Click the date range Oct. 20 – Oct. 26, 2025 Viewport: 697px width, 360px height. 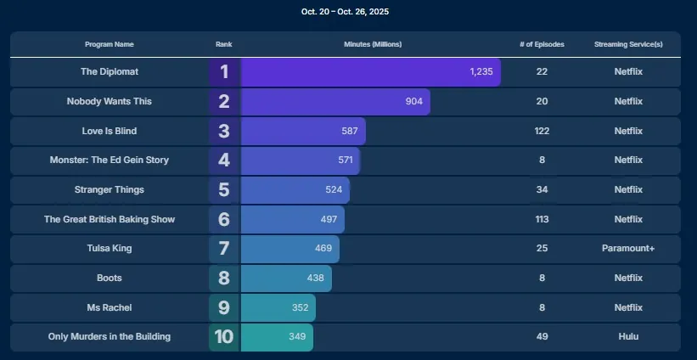346,12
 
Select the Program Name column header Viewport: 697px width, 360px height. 110,44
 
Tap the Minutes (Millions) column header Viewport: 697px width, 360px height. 373,44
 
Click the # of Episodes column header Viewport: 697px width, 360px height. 542,44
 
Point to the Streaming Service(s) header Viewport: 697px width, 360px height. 628,44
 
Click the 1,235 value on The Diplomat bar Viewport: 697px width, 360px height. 481,72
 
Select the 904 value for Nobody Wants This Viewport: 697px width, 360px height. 413,102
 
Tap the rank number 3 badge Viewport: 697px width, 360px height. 224,132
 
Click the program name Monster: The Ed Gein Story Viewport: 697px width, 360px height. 110,160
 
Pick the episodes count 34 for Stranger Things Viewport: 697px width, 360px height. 542,190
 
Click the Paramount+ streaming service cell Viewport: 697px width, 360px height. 628,249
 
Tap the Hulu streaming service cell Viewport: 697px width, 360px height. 628,337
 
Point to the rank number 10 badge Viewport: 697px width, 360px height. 224,337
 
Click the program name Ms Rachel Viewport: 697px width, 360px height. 110,307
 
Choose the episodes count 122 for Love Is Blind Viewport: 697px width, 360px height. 542,132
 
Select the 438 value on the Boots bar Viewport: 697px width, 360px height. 316,278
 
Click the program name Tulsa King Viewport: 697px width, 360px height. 110,249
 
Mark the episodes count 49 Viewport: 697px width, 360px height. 542,337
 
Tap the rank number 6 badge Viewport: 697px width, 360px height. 224,220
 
